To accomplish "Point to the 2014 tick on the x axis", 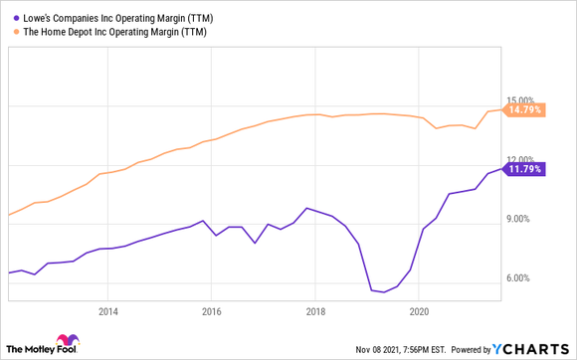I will [108, 310].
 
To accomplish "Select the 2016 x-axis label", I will [211, 310].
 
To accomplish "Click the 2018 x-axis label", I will [314, 310].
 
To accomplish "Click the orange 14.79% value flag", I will [524, 110].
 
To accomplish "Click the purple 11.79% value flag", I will [524, 169].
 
